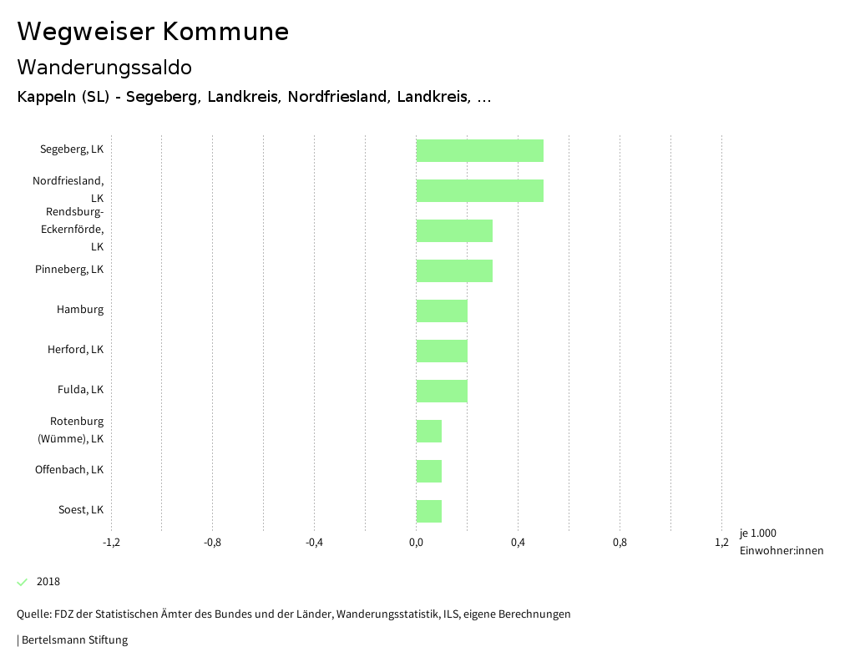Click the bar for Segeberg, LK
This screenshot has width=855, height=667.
click(x=480, y=150)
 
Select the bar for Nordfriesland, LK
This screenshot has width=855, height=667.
click(x=480, y=190)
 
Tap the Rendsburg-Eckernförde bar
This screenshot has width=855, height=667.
click(x=454, y=230)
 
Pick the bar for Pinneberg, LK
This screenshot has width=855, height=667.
click(x=454, y=270)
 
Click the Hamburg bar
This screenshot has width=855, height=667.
click(x=442, y=311)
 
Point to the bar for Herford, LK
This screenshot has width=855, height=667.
click(x=442, y=351)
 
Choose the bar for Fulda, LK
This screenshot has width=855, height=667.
click(x=442, y=391)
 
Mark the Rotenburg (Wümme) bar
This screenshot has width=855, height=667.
click(x=429, y=431)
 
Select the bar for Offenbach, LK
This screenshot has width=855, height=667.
click(x=429, y=471)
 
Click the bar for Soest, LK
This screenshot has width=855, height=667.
click(x=429, y=511)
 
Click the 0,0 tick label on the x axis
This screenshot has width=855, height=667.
click(x=416, y=543)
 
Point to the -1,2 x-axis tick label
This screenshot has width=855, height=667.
click(x=111, y=543)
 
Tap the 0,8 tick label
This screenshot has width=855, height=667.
click(x=620, y=543)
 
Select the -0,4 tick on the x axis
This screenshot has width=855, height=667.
click(x=314, y=543)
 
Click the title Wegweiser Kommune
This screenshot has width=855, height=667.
click(x=153, y=32)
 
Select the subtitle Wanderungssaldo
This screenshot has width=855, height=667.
click(x=104, y=67)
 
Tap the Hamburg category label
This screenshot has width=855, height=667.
click(x=80, y=310)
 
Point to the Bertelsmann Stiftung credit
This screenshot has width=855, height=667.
click(x=73, y=640)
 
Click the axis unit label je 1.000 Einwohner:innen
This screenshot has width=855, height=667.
click(x=781, y=542)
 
